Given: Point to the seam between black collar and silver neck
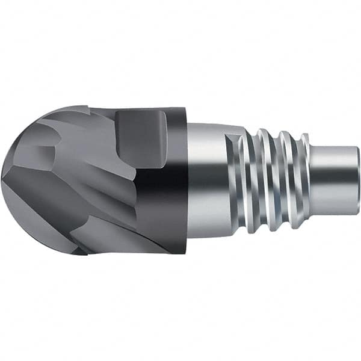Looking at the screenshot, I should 188,180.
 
